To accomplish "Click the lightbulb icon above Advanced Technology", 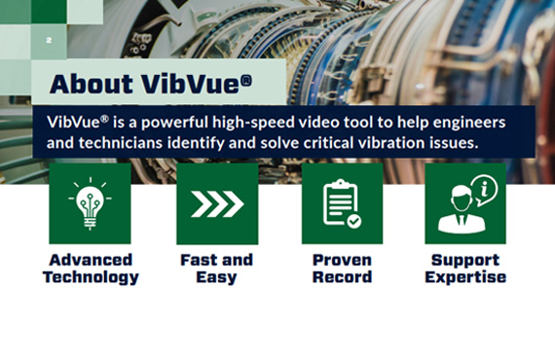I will pos(90,202).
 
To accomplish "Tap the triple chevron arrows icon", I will pos(216,203).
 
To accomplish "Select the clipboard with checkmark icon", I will pos(342,203).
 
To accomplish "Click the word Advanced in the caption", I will pos(90,260).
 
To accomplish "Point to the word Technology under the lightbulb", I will pos(90,277).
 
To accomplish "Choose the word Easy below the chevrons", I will pos(216,277).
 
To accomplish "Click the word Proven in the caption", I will pos(342,260).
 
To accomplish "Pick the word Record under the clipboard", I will pos(342,277).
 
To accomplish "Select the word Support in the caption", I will pos(464,260).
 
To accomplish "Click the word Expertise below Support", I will pos(464,277).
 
